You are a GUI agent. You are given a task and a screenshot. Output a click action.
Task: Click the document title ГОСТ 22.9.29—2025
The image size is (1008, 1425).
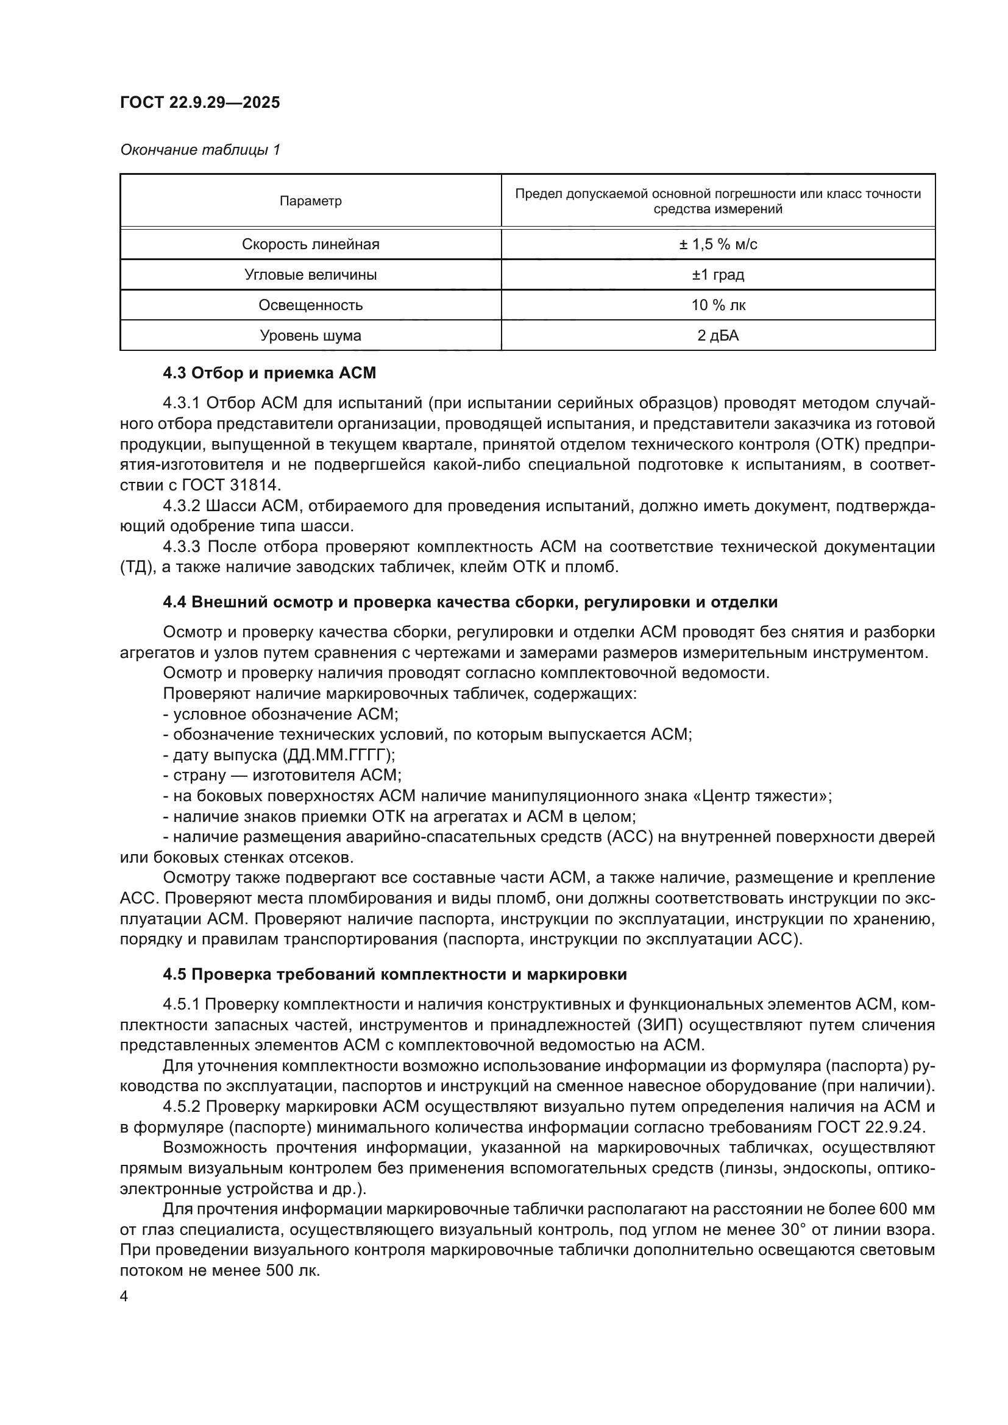(200, 102)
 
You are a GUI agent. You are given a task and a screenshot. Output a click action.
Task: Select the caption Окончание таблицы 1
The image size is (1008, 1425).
(200, 150)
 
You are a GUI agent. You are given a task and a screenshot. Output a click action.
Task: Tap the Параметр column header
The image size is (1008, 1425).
(310, 201)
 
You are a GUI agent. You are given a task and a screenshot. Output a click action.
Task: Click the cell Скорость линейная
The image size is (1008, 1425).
(310, 244)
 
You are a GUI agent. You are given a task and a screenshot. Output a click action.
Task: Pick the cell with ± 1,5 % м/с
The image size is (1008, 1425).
(718, 244)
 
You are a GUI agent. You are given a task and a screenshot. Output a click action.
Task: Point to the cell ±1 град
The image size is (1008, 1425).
(718, 275)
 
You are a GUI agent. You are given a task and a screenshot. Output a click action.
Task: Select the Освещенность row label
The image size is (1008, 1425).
(310, 305)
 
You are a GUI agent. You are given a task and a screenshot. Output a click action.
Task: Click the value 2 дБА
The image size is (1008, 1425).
(718, 336)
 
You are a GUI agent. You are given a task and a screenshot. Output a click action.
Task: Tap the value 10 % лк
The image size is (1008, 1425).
(718, 305)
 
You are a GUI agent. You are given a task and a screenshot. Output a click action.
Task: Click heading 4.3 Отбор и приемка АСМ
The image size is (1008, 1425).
(269, 373)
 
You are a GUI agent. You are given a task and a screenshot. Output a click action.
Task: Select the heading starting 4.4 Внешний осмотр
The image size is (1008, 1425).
(470, 602)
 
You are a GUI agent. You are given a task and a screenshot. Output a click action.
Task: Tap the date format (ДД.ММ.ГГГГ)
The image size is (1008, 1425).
(339, 755)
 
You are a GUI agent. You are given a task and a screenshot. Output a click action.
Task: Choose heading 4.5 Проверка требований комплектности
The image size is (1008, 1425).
(395, 974)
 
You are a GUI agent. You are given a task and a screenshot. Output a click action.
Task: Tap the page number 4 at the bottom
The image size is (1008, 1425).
(124, 1297)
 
